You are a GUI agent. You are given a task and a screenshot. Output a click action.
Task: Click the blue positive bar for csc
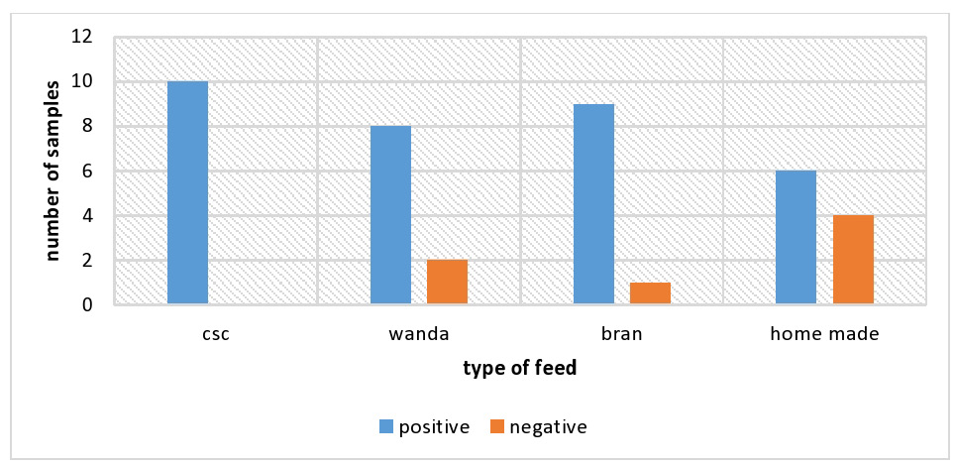click(x=187, y=192)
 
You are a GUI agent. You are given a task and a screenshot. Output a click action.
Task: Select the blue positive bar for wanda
click(x=391, y=215)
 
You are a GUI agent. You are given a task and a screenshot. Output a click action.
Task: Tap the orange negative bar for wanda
click(x=447, y=283)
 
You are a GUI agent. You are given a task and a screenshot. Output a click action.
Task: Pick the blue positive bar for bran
click(x=593, y=204)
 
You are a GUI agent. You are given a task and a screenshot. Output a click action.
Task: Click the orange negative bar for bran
click(x=650, y=293)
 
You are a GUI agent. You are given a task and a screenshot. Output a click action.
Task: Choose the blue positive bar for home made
click(x=796, y=238)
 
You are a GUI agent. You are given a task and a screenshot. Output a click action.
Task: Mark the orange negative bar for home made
click(x=853, y=260)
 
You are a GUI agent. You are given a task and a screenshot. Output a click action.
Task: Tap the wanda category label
click(x=419, y=335)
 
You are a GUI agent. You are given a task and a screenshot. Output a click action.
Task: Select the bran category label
click(x=622, y=335)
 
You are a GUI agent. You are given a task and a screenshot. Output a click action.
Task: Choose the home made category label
click(x=824, y=335)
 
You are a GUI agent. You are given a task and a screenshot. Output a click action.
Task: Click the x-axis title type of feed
click(x=520, y=369)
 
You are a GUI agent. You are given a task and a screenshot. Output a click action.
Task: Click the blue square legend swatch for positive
click(x=386, y=427)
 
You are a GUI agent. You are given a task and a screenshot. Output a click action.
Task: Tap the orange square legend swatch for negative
click(x=497, y=427)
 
